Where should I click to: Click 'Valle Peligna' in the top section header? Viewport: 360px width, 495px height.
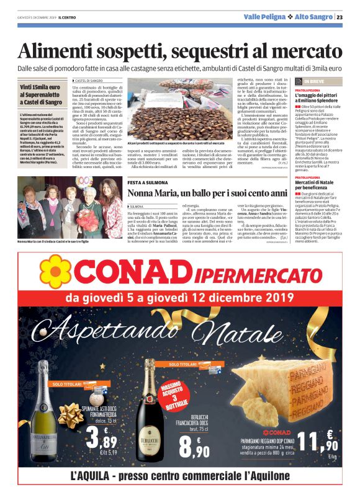click(265, 17)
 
